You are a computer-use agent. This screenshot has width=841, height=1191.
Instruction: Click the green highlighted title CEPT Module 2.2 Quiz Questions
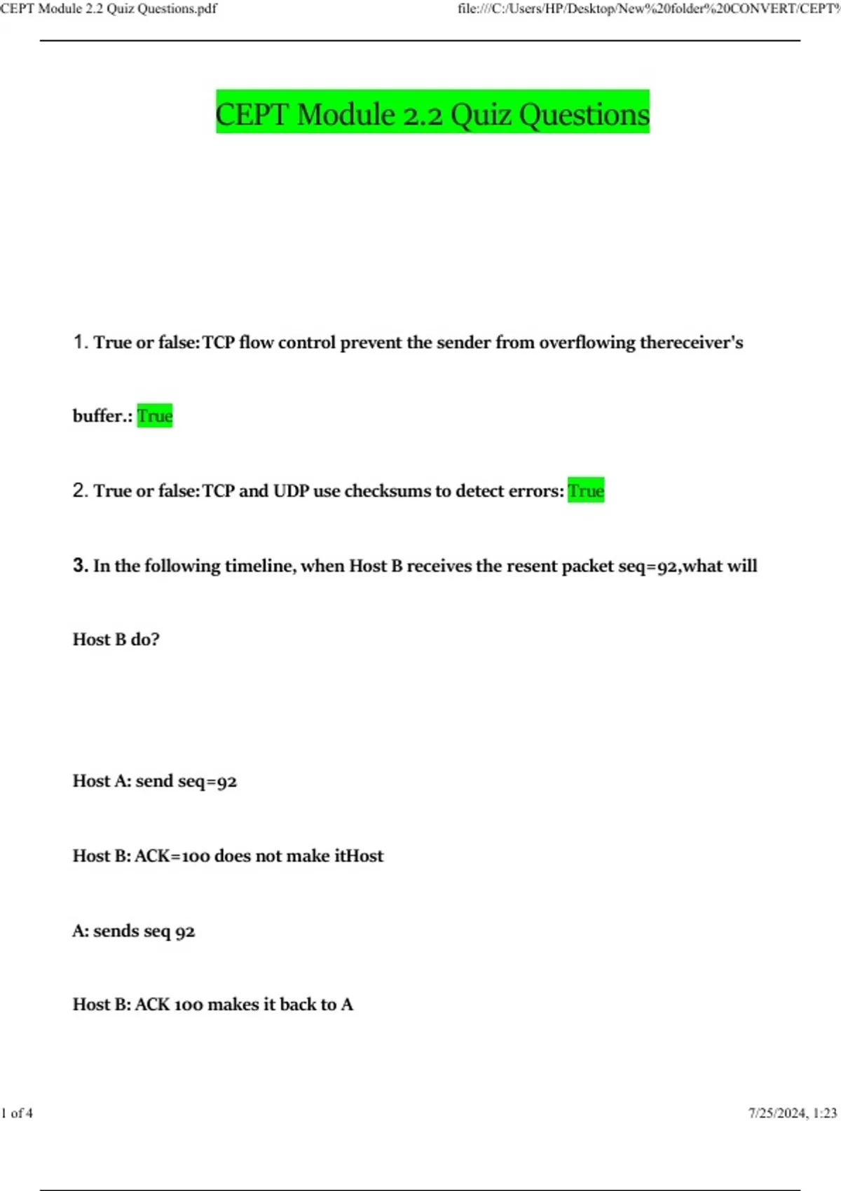coord(432,113)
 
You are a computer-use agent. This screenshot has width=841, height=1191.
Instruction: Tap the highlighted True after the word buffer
coord(155,416)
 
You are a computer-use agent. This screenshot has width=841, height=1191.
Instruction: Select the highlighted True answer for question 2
coord(586,490)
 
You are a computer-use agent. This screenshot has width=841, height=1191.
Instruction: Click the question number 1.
coord(80,342)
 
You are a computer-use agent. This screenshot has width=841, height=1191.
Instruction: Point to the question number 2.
coord(80,490)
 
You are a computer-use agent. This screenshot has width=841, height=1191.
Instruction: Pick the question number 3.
coord(80,565)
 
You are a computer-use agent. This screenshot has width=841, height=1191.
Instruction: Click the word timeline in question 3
coord(259,566)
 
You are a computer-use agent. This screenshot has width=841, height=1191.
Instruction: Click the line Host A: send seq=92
coord(155,781)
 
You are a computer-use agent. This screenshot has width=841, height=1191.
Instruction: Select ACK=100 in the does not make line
coord(172,856)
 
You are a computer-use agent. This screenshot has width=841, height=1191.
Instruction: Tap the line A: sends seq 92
coord(133,931)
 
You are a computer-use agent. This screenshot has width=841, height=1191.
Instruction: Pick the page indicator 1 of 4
coord(17,1113)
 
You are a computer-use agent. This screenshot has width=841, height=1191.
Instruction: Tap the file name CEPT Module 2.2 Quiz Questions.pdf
coord(109,9)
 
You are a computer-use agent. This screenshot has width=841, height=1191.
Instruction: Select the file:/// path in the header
coord(648,9)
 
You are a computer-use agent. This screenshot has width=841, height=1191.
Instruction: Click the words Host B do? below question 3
coord(116,640)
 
